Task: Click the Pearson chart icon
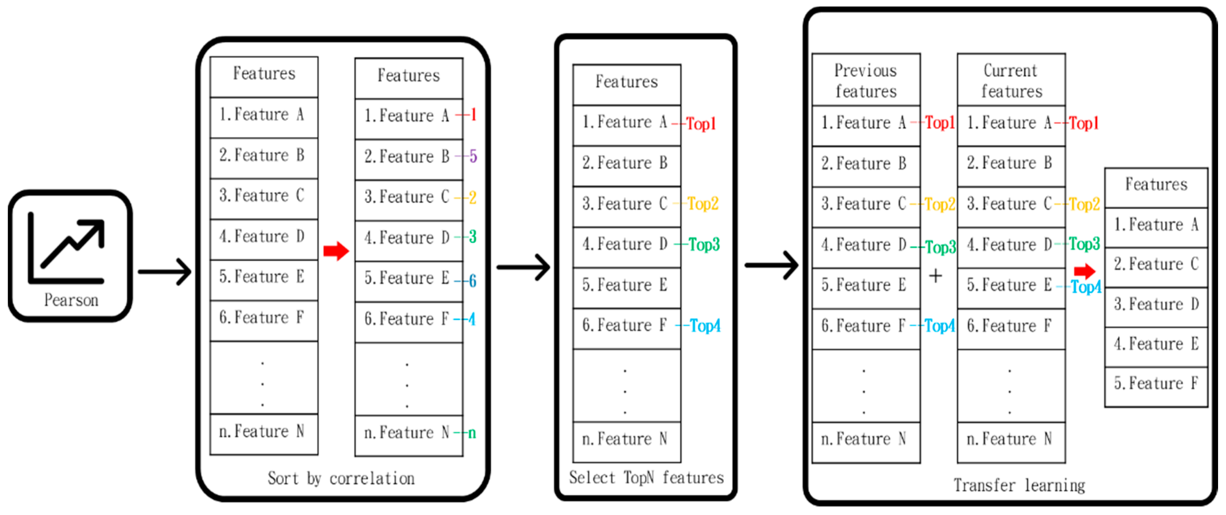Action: pos(67,248)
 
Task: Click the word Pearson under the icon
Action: pos(71,300)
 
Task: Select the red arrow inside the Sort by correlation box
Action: pos(336,251)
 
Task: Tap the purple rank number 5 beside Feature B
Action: pos(473,156)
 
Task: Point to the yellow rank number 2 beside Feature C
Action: pos(472,197)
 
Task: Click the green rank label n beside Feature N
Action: pos(472,433)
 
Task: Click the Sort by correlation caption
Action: pos(341,478)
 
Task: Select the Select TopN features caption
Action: pos(646,477)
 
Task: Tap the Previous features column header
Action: pos(866,80)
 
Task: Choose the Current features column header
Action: pos(1011,80)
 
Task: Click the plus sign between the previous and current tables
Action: pos(935,276)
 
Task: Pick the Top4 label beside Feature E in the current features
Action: pos(1086,286)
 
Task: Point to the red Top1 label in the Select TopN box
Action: pos(701,123)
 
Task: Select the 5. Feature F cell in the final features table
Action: pos(1156,383)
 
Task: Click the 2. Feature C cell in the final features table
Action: pos(1156,264)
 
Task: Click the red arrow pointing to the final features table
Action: pos(1085,271)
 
